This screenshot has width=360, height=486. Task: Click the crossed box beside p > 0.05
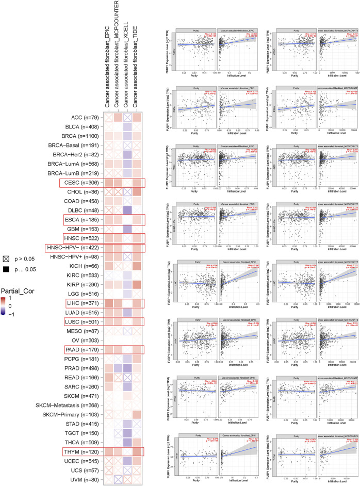[6, 258]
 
